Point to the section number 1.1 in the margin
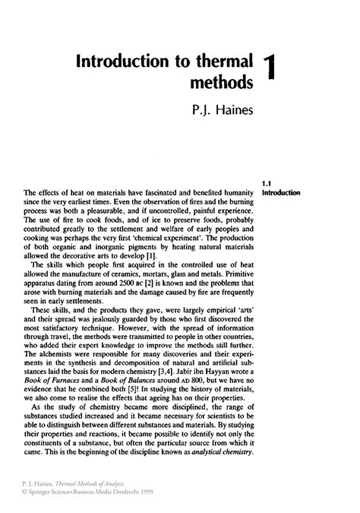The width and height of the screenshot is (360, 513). click(x=266, y=183)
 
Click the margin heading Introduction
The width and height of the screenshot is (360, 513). click(x=280, y=193)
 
